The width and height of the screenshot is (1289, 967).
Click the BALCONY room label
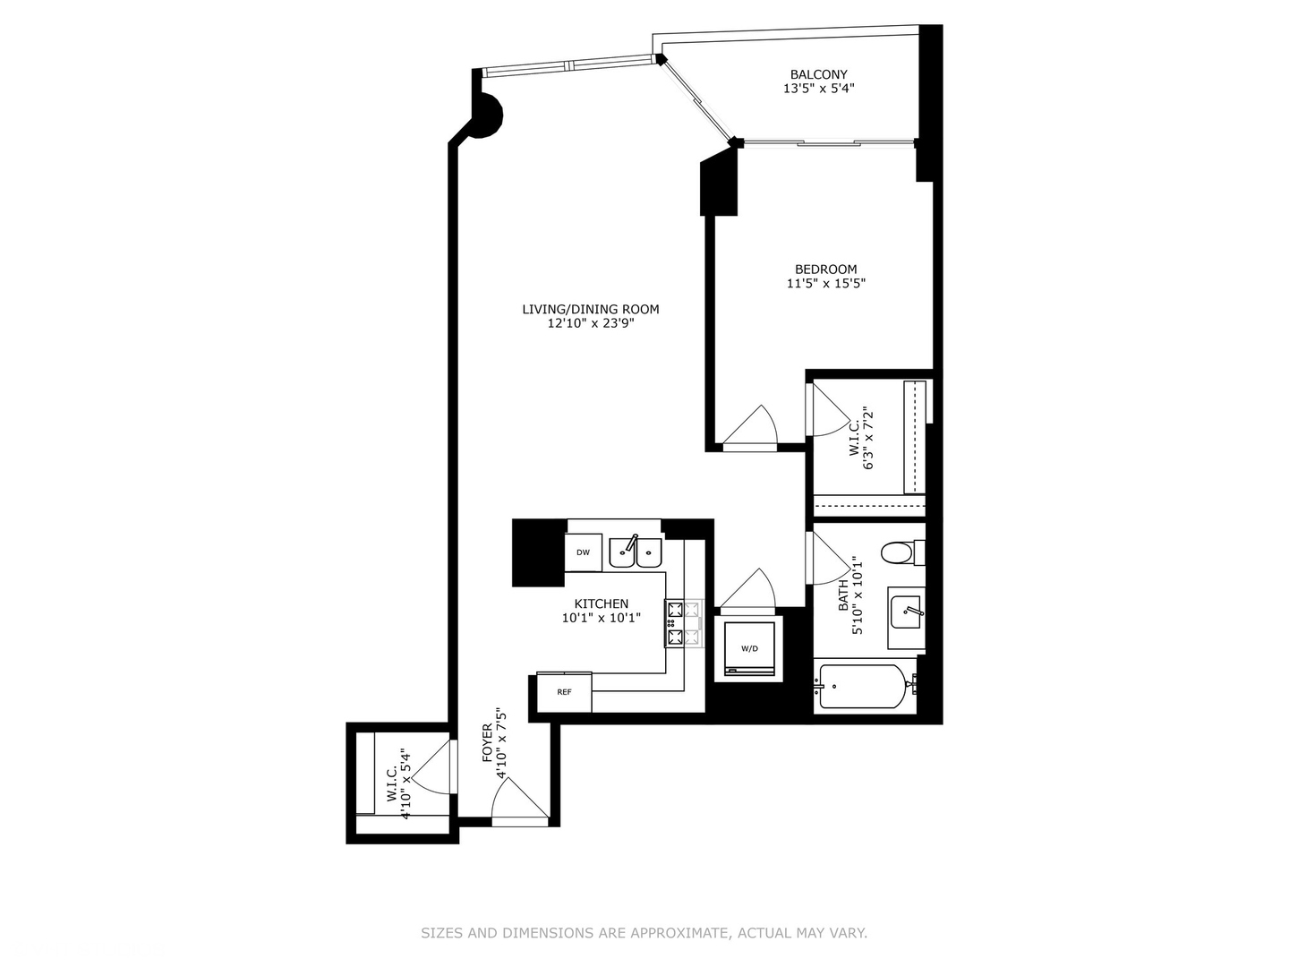(x=818, y=74)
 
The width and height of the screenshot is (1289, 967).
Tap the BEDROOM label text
(x=825, y=269)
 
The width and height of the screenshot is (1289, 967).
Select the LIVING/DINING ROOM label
(x=591, y=309)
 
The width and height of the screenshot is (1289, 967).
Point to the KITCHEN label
(x=601, y=603)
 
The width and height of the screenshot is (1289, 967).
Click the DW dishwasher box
(x=583, y=552)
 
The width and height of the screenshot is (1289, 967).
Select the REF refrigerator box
(x=564, y=692)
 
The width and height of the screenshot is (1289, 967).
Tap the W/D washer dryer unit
(x=748, y=648)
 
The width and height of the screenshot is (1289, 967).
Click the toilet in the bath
(x=898, y=552)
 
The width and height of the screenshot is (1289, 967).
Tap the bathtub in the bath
(x=863, y=688)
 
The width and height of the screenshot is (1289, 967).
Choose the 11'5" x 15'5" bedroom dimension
(x=825, y=284)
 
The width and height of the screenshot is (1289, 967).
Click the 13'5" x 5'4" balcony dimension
(x=818, y=89)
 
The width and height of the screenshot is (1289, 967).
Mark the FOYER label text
(x=488, y=743)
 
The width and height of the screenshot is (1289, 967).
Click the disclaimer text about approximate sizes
(x=644, y=933)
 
